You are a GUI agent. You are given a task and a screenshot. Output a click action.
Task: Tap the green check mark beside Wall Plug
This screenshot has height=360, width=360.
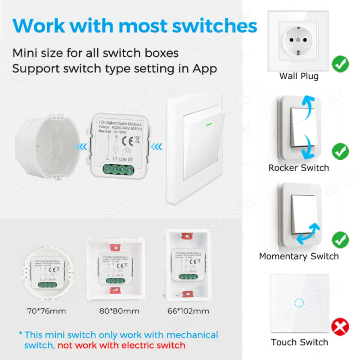tap(340, 64)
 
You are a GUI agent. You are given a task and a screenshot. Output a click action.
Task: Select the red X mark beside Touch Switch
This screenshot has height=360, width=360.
tap(340, 327)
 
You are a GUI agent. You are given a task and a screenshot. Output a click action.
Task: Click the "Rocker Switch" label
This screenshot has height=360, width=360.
tap(299, 168)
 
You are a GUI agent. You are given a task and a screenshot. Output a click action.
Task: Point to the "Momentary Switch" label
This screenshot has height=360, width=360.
tap(299, 256)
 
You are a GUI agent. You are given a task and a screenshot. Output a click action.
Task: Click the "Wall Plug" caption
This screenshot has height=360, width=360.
tap(299, 76)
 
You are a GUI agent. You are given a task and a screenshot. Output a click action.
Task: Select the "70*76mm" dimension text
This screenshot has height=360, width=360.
tap(46, 311)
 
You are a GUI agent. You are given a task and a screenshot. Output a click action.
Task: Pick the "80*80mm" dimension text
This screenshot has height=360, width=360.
tap(119, 311)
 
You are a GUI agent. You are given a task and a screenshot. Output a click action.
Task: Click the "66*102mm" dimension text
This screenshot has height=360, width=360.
tap(189, 311)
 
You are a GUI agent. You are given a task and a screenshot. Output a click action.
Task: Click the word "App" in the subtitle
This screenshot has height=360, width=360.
tap(205, 69)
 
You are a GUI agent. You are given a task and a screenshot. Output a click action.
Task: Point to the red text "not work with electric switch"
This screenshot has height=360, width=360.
tap(121, 345)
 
